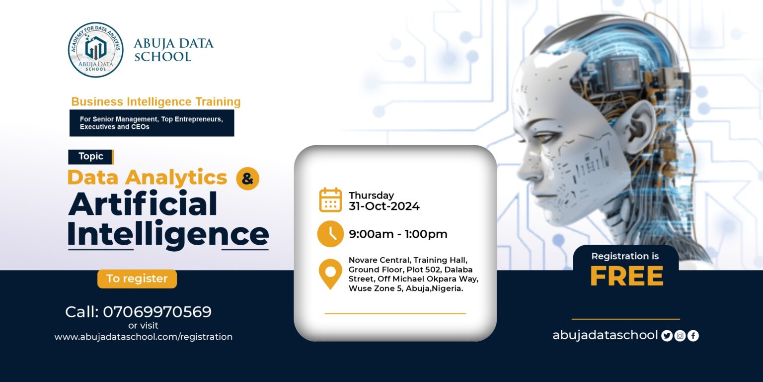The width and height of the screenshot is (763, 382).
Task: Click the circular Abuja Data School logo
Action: click(95, 50)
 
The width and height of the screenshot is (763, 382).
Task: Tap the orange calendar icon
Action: click(330, 200)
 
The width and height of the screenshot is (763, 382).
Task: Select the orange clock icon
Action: click(330, 234)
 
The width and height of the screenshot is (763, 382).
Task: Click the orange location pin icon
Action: click(330, 273)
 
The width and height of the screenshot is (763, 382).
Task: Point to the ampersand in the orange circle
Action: click(247, 179)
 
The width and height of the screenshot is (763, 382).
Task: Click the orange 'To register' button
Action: click(137, 279)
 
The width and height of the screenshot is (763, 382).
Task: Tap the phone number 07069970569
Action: click(157, 312)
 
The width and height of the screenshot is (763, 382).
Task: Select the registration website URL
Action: click(143, 337)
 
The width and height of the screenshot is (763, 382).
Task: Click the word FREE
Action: click(626, 277)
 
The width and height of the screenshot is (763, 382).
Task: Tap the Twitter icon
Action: click(667, 336)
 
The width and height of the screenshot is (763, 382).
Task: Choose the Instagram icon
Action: click(680, 336)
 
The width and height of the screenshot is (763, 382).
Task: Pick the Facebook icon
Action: click(693, 336)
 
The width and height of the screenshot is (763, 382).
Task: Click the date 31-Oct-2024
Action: click(384, 206)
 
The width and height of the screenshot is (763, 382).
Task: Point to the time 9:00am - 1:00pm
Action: click(398, 234)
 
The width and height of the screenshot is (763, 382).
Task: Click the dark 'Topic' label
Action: click(91, 156)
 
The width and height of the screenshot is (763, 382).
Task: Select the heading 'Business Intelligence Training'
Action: click(156, 102)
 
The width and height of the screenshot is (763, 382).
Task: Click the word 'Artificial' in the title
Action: click(143, 204)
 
